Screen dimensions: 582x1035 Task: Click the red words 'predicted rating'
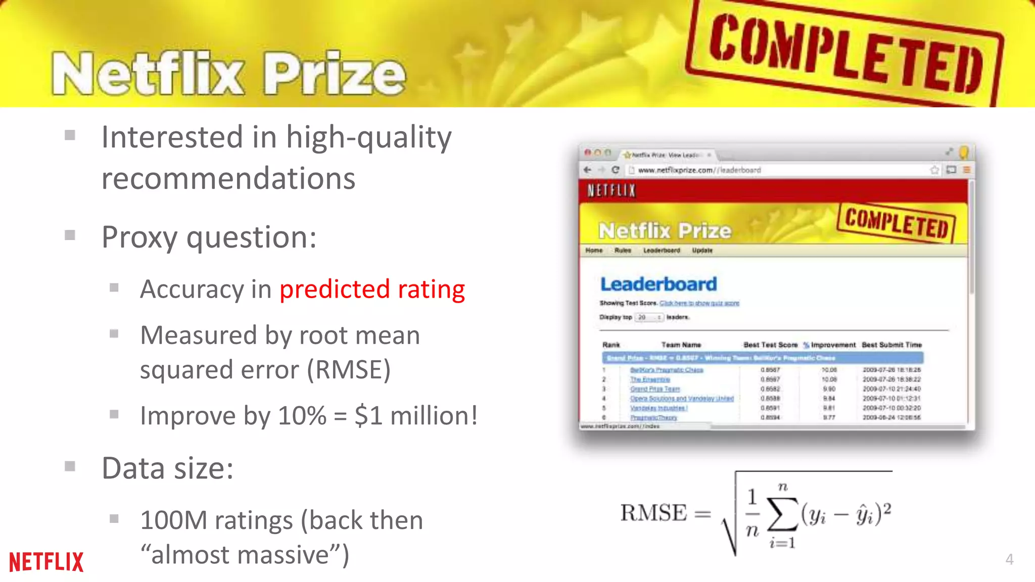[372, 289]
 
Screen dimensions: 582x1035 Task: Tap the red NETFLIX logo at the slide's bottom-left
[46, 562]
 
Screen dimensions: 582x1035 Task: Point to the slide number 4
[1009, 559]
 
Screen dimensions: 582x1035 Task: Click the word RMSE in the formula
[653, 513]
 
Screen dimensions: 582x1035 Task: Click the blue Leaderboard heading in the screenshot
[658, 284]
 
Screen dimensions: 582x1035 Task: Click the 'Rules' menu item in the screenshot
[623, 251]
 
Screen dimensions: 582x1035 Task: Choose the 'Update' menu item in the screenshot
[702, 251]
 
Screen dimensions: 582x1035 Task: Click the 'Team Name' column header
[681, 345]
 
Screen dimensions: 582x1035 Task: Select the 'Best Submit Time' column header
[891, 345]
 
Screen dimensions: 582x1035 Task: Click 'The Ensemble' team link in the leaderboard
[650, 379]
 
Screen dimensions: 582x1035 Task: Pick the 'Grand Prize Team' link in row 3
[655, 389]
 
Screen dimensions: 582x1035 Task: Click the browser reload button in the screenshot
[615, 170]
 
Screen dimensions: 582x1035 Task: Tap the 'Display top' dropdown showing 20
[649, 317]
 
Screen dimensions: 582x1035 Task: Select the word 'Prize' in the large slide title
[335, 74]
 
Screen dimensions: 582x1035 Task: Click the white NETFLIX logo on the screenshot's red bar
[611, 190]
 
